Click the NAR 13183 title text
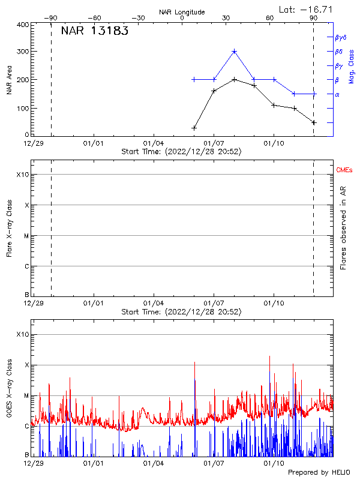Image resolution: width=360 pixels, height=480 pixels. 94,32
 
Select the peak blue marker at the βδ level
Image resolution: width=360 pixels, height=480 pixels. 234,52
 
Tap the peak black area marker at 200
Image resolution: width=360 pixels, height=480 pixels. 234,79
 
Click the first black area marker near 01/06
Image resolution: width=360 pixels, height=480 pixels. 194,128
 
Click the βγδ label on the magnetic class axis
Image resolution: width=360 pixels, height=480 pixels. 340,37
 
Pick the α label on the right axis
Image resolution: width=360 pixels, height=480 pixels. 337,94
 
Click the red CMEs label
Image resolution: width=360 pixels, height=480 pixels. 344,171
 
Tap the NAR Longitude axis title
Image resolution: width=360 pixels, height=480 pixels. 182,12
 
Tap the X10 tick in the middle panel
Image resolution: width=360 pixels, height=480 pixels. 23,175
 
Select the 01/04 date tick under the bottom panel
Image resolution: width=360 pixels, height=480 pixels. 154,464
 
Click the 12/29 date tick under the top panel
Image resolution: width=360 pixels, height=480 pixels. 33,144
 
